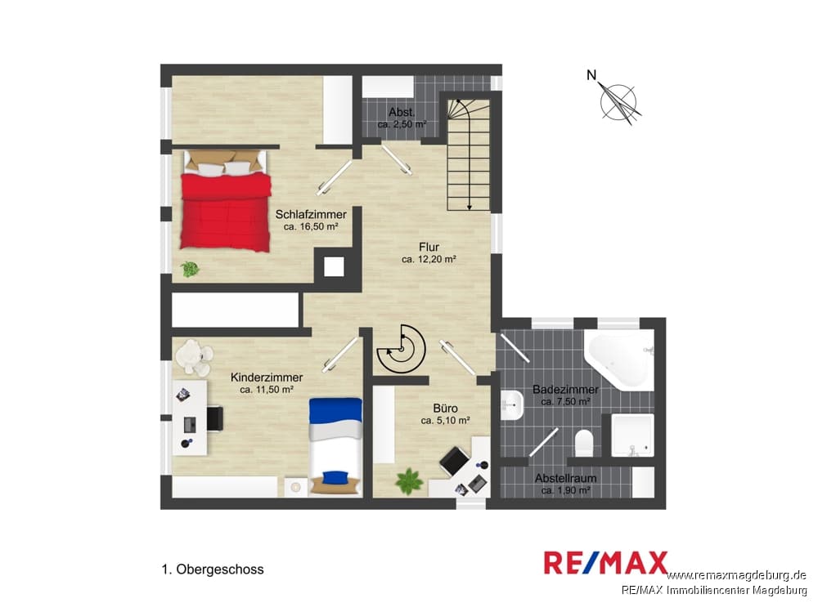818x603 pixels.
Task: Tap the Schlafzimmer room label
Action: tap(311, 214)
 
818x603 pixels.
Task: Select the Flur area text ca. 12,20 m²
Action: tap(429, 259)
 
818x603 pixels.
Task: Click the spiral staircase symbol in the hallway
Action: tap(401, 349)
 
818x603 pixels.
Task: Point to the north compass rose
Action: tap(618, 101)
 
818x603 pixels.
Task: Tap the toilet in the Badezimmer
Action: tap(584, 443)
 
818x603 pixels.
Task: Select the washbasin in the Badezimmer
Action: tap(512, 405)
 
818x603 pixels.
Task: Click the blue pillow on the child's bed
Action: tap(335, 477)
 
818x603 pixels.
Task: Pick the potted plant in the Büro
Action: tap(410, 481)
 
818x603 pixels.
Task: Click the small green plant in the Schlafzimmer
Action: tap(190, 269)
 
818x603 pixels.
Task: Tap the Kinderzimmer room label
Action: tap(267, 377)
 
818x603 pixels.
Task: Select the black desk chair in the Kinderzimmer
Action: tap(215, 419)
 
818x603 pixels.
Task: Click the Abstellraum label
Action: tap(565, 478)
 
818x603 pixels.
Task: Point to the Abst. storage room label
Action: tap(402, 112)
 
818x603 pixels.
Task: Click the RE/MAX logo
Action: tap(605, 563)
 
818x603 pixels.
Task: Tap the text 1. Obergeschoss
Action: tap(213, 569)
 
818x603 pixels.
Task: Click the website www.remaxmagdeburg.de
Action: tap(736, 575)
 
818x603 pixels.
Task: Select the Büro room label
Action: tap(445, 408)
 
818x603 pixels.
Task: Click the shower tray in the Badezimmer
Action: tap(632, 435)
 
